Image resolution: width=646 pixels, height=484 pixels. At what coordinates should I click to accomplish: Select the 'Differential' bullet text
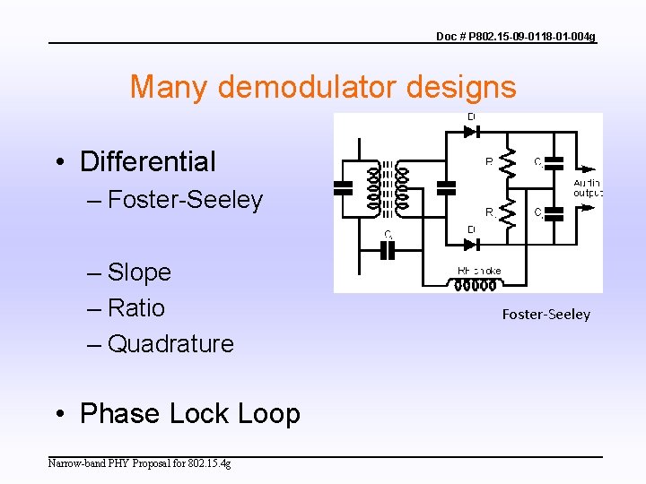coord(147,161)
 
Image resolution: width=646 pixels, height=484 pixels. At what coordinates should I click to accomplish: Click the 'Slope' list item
coord(139,272)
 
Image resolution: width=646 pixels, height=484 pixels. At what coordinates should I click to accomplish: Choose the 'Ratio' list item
coord(136,307)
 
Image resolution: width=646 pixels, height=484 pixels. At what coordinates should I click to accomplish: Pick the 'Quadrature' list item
coord(170,343)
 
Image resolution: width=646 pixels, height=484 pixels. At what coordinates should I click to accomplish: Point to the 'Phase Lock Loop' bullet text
coord(189,413)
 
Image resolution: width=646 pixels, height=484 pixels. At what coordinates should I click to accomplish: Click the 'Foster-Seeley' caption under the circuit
coord(546,314)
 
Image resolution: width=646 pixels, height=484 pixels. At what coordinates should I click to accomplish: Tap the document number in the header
coord(515,36)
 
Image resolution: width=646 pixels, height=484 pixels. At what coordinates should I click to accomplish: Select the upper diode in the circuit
coord(471,131)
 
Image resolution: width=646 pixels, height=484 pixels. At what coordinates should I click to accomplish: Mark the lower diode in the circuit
coord(471,244)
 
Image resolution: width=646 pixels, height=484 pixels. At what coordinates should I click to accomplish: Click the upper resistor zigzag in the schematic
coord(510,162)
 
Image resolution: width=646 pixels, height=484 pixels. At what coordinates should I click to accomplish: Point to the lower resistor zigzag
coord(510,212)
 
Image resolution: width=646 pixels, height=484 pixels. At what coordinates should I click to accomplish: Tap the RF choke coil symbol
coord(476,285)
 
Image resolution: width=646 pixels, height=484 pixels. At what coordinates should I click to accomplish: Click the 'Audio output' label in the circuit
coord(588,187)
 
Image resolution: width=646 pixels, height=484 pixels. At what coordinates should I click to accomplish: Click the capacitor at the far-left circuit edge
coord(344,187)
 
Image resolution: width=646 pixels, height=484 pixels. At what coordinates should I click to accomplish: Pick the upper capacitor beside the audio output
coord(554,163)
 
